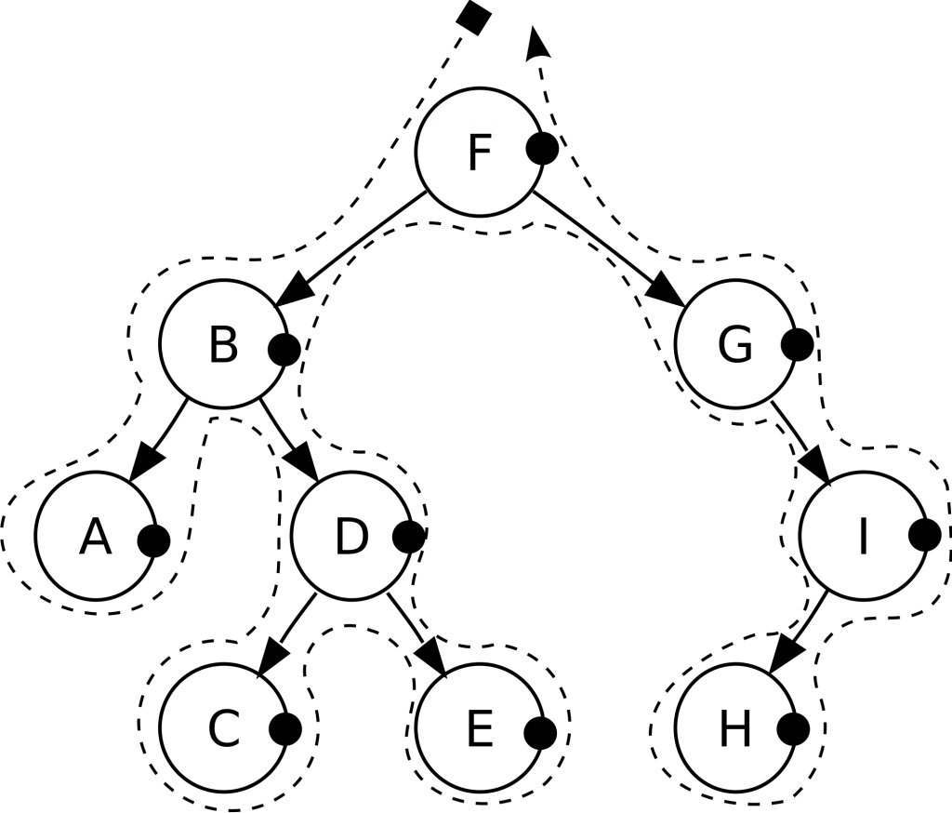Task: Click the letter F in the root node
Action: pyautogui.click(x=479, y=153)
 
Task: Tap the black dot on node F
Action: pyautogui.click(x=542, y=148)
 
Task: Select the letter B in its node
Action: pyautogui.click(x=223, y=344)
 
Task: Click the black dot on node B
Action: pyautogui.click(x=284, y=350)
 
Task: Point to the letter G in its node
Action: pyautogui.click(x=734, y=345)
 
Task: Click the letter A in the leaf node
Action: pyautogui.click(x=95, y=537)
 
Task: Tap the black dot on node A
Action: pyautogui.click(x=153, y=540)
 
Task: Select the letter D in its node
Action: pyautogui.click(x=350, y=537)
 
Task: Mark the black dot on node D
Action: pyautogui.click(x=410, y=536)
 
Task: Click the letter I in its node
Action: pyautogui.click(x=862, y=537)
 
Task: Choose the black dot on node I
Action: pyautogui.click(x=925, y=535)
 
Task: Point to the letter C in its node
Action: pyautogui.click(x=223, y=729)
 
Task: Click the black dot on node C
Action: pyautogui.click(x=285, y=729)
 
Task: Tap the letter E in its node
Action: pyautogui.click(x=479, y=729)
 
